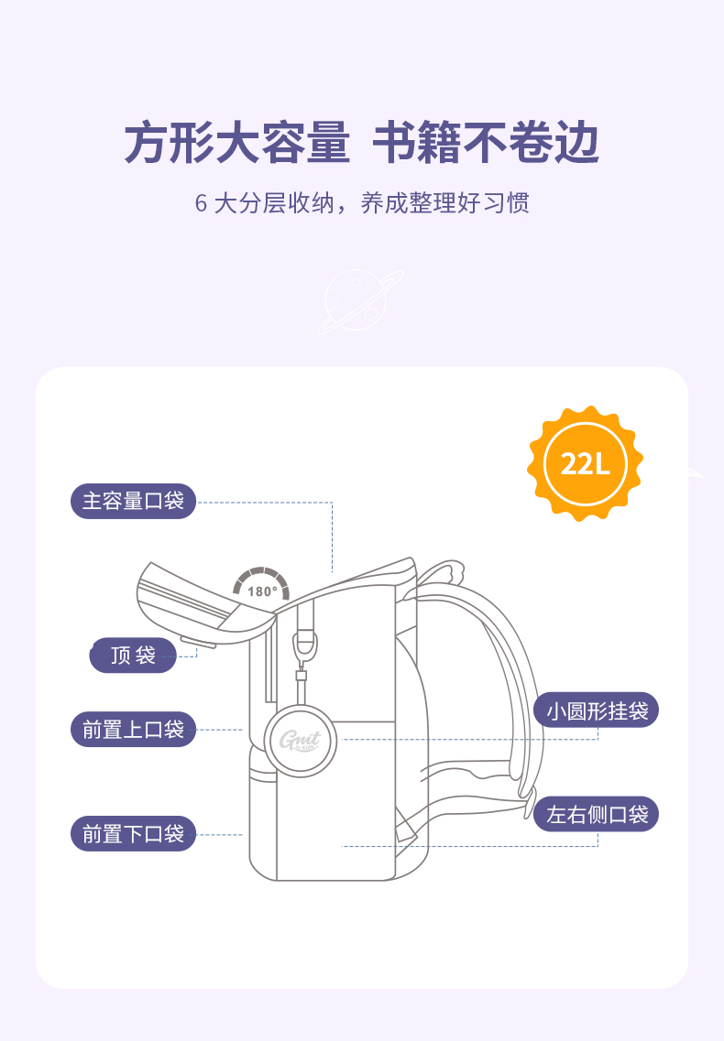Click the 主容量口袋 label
point(134,502)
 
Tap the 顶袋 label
point(133,656)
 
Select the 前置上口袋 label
point(134,730)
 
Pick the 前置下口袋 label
point(134,834)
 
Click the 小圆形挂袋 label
point(597,710)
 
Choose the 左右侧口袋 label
point(597,814)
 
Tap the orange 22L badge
point(585,463)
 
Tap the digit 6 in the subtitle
point(201,203)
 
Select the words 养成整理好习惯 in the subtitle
point(445,203)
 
